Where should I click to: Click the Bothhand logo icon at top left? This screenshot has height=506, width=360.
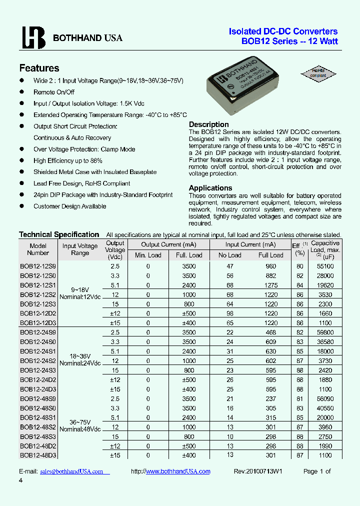pyautogui.click(x=33, y=37)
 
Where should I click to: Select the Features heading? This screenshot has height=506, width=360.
pyautogui.click(x=39, y=68)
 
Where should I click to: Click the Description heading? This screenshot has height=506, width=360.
pyautogui.click(x=208, y=124)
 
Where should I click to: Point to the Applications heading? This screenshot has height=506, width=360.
pyautogui.click(x=211, y=188)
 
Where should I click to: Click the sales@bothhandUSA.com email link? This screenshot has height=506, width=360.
pyautogui.click(x=71, y=471)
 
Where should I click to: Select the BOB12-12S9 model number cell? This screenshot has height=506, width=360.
pyautogui.click(x=38, y=266)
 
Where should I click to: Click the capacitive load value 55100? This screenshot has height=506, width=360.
pyautogui.click(x=325, y=266)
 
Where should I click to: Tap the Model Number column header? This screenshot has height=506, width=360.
pyautogui.click(x=38, y=249)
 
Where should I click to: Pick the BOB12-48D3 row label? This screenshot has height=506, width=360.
pyautogui.click(x=38, y=455)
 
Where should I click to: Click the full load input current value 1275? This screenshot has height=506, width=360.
pyautogui.click(x=270, y=285)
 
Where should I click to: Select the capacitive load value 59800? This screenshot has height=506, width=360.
pyautogui.click(x=325, y=332)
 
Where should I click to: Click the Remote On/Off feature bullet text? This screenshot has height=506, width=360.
pyautogui.click(x=54, y=92)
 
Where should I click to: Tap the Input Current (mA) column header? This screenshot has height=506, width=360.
pyautogui.click(x=250, y=244)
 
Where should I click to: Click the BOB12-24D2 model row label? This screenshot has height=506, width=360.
pyautogui.click(x=38, y=379)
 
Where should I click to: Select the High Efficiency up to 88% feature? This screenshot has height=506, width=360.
pyautogui.click(x=68, y=160)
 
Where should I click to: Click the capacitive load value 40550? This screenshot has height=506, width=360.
pyautogui.click(x=325, y=408)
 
